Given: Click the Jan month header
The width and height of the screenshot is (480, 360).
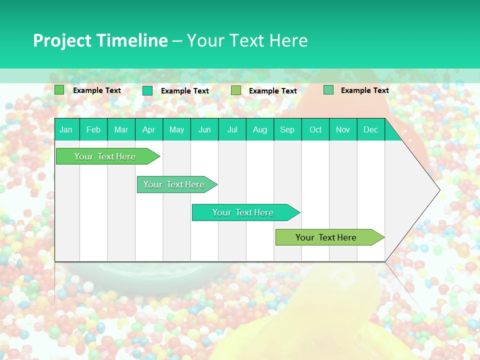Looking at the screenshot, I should pyautogui.click(x=66, y=129).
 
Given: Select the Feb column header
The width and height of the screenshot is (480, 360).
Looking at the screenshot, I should pyautogui.click(x=93, y=129).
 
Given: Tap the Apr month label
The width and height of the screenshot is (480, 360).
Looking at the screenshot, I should pyautogui.click(x=148, y=129).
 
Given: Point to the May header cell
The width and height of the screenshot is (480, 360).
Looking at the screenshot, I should pyautogui.click(x=176, y=129).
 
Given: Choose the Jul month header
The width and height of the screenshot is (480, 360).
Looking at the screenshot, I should pyautogui.click(x=232, y=129).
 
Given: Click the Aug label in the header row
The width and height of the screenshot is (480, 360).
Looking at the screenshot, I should pyautogui.click(x=259, y=129).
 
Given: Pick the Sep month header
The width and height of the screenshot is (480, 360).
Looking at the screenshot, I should pyautogui.click(x=287, y=129).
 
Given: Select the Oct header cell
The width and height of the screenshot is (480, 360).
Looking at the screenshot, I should pyautogui.click(x=315, y=129).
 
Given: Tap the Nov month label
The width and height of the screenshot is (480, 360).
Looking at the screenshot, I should pyautogui.click(x=342, y=129).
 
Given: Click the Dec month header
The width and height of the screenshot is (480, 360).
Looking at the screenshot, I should pyautogui.click(x=370, y=129).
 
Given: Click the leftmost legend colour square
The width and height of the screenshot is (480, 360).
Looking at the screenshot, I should pyautogui.click(x=59, y=90).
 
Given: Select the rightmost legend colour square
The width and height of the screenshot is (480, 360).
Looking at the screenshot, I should pyautogui.click(x=328, y=90).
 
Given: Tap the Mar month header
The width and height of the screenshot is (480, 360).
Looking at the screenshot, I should pyautogui.click(x=121, y=129).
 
